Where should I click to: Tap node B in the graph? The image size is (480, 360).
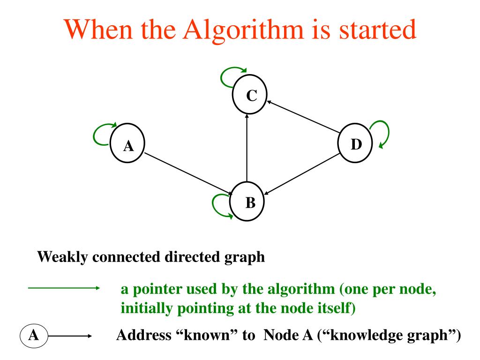click(x=248, y=202)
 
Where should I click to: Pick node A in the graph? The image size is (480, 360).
click(x=127, y=146)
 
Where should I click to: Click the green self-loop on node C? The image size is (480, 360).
click(x=230, y=76)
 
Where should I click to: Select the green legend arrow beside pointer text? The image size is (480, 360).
click(x=63, y=289)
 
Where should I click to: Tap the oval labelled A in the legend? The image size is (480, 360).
click(x=33, y=336)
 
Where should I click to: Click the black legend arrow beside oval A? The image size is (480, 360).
click(x=70, y=336)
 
